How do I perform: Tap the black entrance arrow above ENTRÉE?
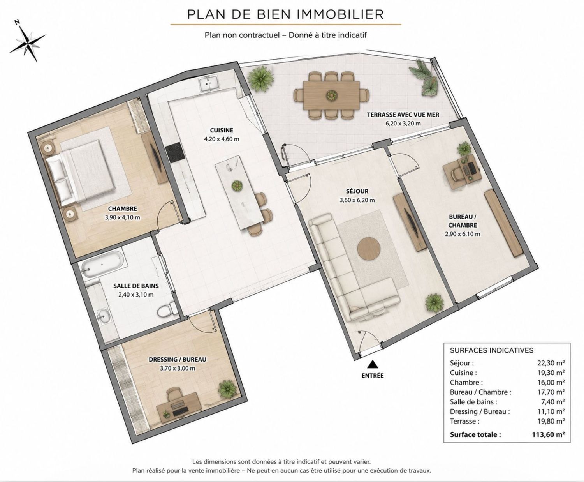click(372, 364)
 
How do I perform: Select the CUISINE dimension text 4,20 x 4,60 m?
click(222, 139)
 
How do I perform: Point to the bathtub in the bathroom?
click(102, 265)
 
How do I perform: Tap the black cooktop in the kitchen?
click(174, 153)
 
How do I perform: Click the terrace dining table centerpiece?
click(332, 95)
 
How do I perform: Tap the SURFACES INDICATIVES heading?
click(491, 350)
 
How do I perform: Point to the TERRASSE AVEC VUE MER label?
click(403, 115)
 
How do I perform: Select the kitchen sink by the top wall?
click(209, 83)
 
